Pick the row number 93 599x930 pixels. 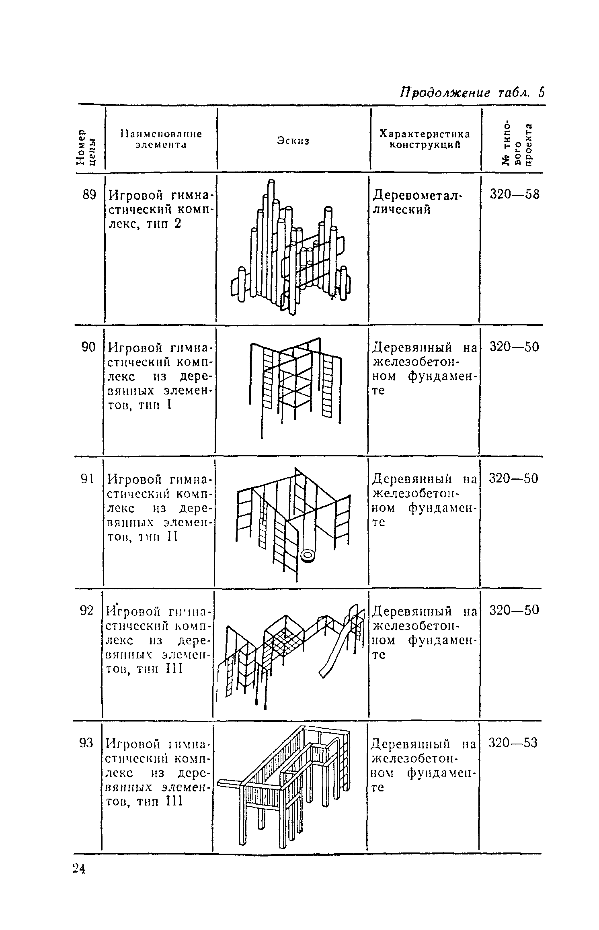click(x=86, y=743)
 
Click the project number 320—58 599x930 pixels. click(x=514, y=194)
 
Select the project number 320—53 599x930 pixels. click(x=513, y=743)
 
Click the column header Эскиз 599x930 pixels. click(x=293, y=141)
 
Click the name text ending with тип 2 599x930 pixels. click(x=160, y=209)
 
